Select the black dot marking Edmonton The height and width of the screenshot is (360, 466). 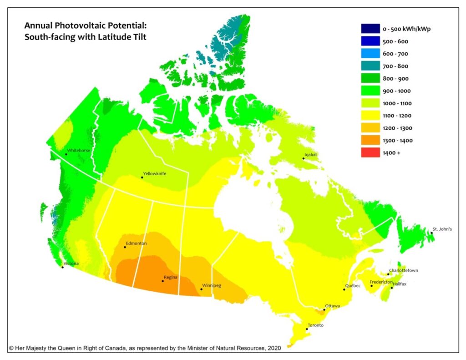click(125, 247)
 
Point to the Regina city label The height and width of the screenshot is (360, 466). click(170, 277)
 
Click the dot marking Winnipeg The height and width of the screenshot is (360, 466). click(202, 289)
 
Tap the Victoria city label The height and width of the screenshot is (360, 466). click(71, 264)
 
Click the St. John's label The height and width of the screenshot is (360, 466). click(442, 229)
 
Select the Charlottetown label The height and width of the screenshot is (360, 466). click(403, 270)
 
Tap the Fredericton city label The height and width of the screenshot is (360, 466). click(381, 282)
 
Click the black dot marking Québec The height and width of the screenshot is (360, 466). click(344, 289)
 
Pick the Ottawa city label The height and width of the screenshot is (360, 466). click(332, 306)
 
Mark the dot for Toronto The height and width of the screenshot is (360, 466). click(307, 329)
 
